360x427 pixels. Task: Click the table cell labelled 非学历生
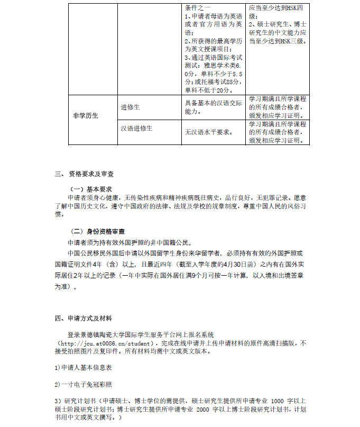click(86, 115)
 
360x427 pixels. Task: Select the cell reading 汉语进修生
click(137, 129)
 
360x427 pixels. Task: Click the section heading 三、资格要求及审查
click(85, 174)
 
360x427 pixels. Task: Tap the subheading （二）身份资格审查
click(98, 231)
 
